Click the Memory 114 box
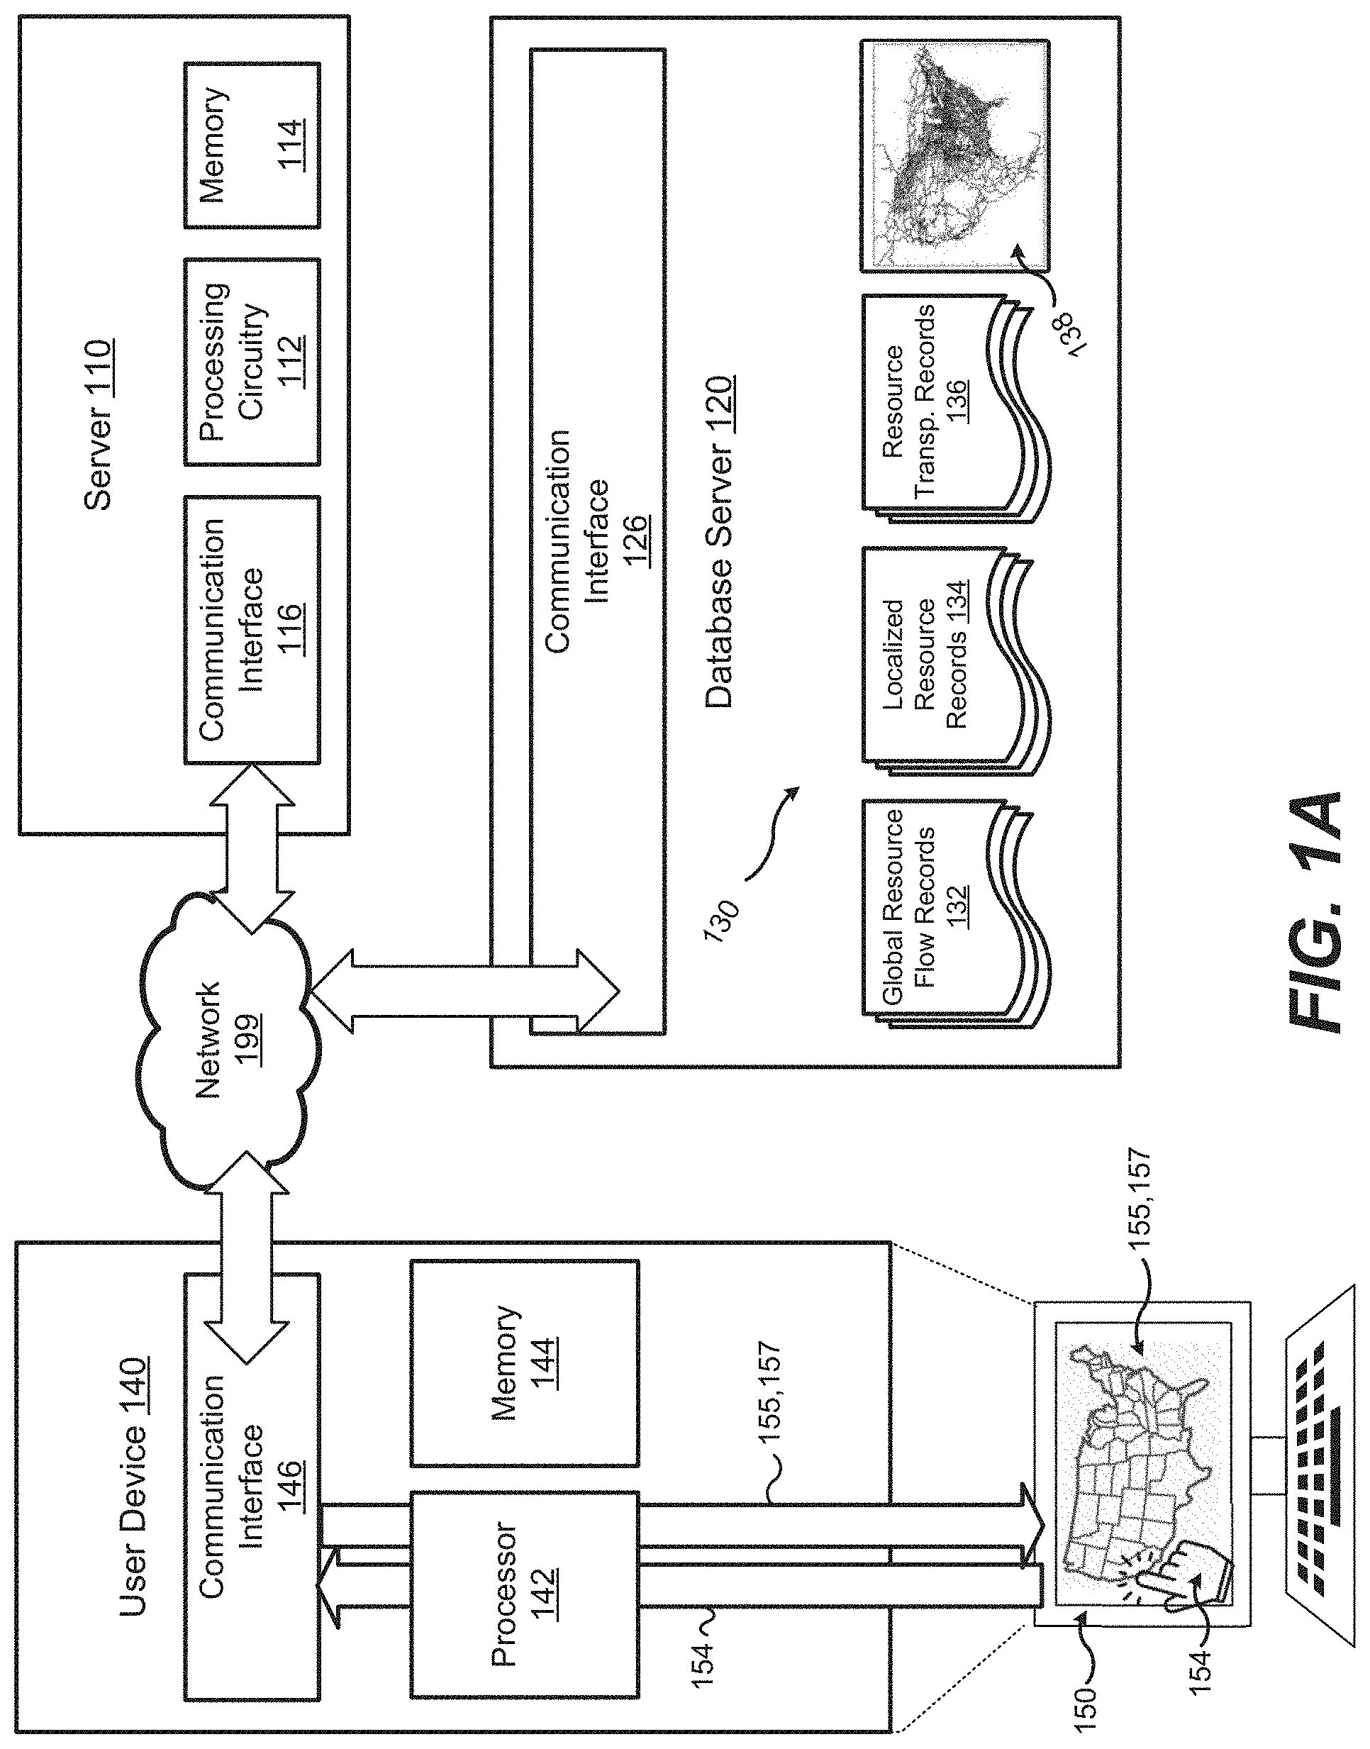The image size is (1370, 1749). pyautogui.click(x=251, y=145)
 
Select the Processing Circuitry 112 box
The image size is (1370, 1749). pyautogui.click(x=251, y=362)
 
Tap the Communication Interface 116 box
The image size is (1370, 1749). pyautogui.click(x=251, y=630)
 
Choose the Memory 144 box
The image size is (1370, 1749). pyautogui.click(x=524, y=1363)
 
